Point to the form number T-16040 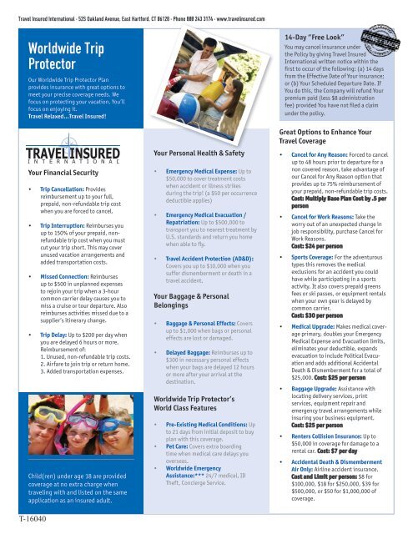coord(28,519)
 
